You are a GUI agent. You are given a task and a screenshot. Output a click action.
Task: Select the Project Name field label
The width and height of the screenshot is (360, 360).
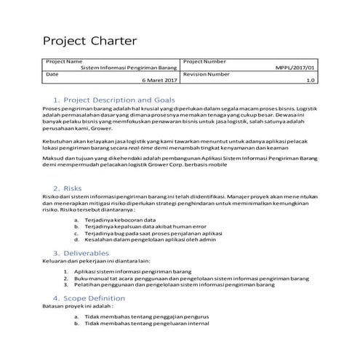(x=64, y=61)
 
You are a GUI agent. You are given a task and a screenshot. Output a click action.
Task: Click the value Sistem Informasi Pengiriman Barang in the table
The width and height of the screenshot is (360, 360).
(x=129, y=68)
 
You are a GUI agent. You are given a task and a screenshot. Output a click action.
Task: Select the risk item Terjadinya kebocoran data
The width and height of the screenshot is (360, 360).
(x=121, y=218)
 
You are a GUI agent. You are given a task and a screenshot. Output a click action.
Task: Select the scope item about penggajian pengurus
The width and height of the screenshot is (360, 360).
(x=147, y=317)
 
